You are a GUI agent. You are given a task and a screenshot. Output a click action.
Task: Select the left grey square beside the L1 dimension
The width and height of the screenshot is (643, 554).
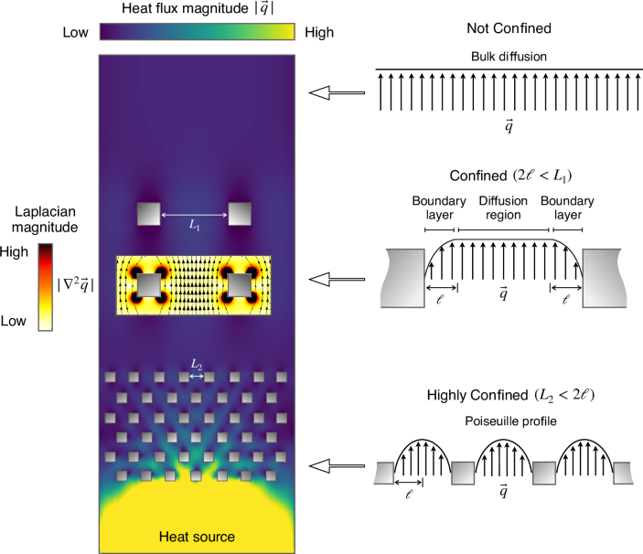(148, 214)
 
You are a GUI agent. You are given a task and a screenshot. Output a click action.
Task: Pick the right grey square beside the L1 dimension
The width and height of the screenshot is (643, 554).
(241, 214)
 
